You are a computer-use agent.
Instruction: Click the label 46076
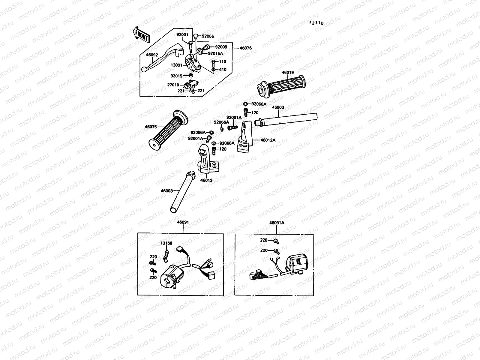[246, 48]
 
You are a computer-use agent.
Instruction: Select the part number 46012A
[268, 140]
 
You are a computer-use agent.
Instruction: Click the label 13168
[166, 243]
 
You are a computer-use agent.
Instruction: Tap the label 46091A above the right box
[277, 223]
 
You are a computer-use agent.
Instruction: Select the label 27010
[173, 85]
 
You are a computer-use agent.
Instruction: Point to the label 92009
[221, 47]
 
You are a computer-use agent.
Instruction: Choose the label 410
[223, 70]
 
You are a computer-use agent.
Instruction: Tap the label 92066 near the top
[208, 36]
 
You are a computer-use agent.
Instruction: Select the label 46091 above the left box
[183, 222]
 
